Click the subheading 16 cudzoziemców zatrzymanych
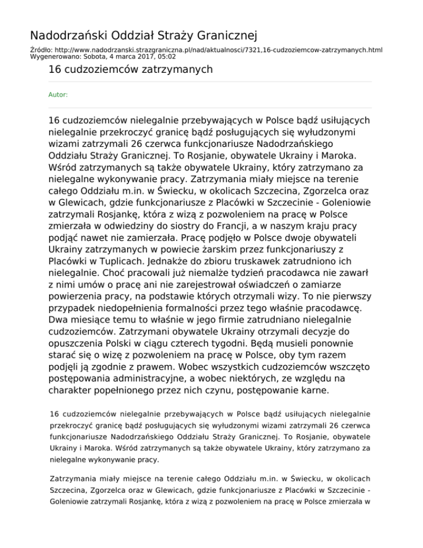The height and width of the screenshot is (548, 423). [130, 69]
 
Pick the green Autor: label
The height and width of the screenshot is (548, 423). [58, 95]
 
